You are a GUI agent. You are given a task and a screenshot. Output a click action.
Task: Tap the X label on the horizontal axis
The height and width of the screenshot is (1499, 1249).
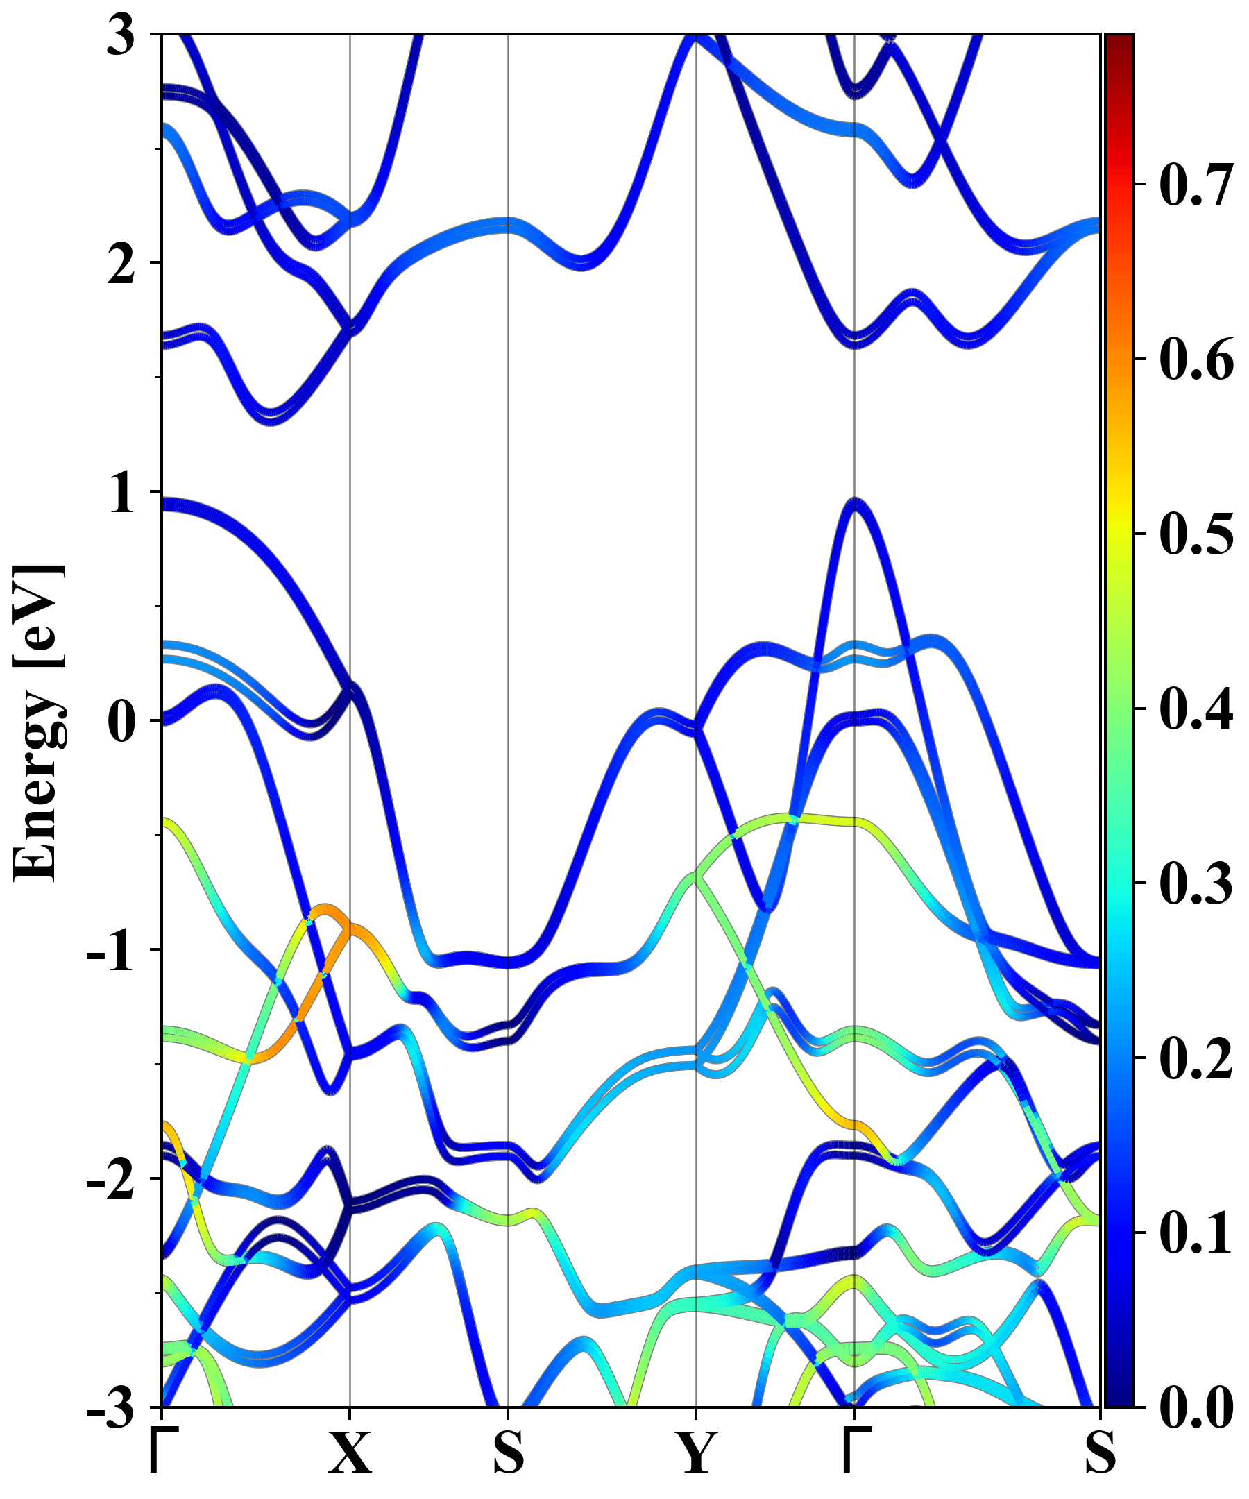pyautogui.click(x=350, y=1453)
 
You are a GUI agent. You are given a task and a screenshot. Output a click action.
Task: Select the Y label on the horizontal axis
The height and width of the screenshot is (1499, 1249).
pyautogui.click(x=696, y=1453)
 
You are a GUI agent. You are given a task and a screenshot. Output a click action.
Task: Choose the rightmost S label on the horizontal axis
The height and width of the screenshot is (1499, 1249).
pyautogui.click(x=1100, y=1453)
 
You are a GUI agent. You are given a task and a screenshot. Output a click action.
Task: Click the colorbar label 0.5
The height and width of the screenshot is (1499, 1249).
pyautogui.click(x=1196, y=534)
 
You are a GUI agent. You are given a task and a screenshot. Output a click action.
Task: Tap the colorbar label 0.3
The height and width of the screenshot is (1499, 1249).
pyautogui.click(x=1196, y=883)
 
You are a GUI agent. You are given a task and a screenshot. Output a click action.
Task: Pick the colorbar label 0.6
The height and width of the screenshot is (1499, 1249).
pyautogui.click(x=1196, y=359)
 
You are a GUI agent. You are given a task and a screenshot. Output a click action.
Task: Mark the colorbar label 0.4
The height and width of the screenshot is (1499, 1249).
pyautogui.click(x=1196, y=709)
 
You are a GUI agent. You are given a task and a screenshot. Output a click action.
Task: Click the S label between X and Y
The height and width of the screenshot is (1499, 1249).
pyautogui.click(x=508, y=1453)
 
